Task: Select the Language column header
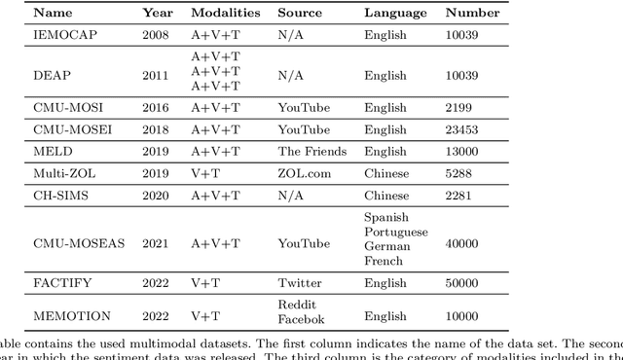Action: pos(395,13)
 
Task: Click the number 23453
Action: pos(465,129)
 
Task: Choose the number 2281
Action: pos(462,195)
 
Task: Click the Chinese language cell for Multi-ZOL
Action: pos(386,173)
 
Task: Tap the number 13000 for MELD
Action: pos(465,151)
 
